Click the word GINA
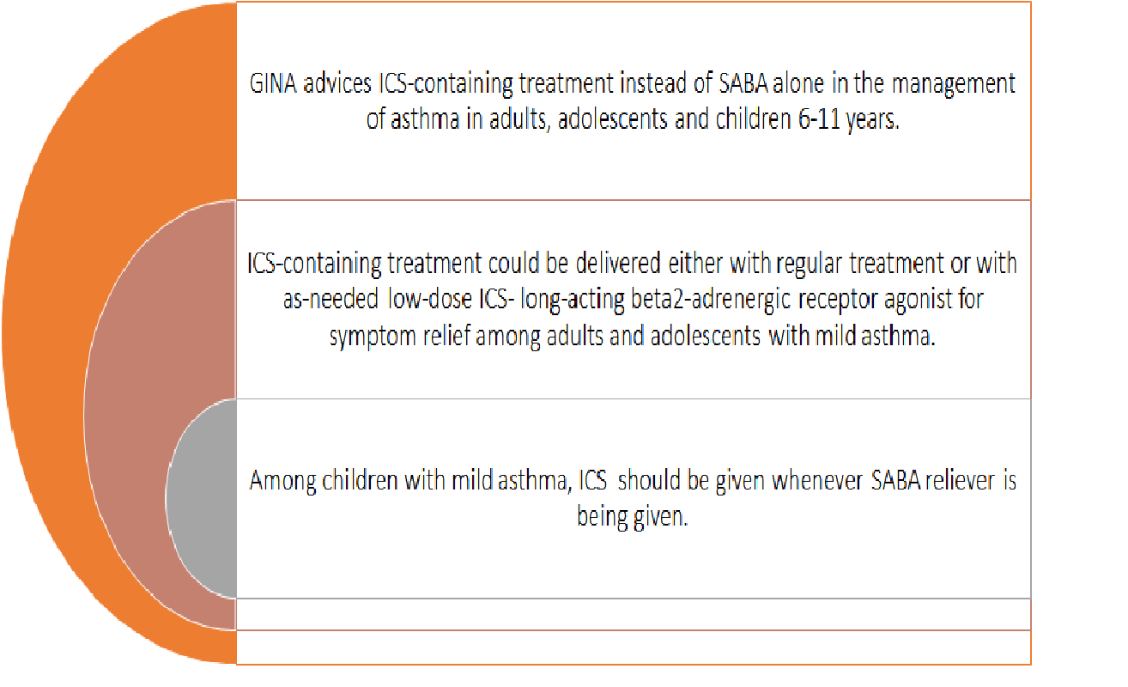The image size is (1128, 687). (273, 83)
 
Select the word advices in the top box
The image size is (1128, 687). (337, 83)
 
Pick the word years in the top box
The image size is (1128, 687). (873, 120)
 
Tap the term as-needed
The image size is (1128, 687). (331, 300)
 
